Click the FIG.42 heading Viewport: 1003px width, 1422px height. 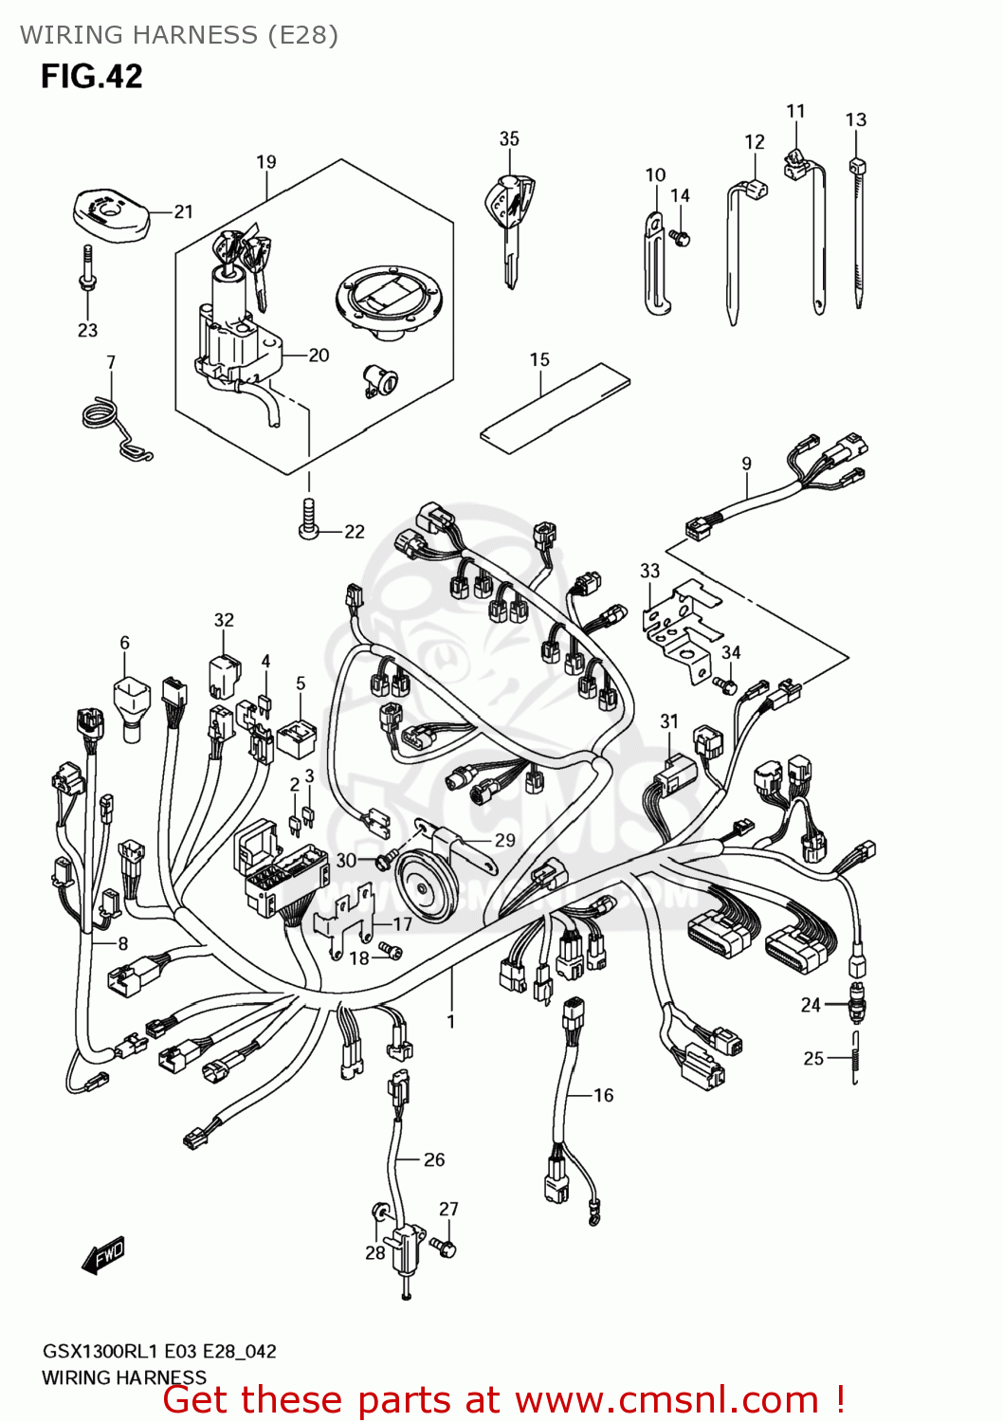coord(91,76)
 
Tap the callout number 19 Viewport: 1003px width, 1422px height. coord(266,162)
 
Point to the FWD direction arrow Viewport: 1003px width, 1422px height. coord(103,1255)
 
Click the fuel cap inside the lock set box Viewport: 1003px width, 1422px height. coord(390,299)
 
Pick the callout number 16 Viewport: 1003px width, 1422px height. coord(604,1095)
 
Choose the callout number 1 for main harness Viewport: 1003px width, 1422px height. coord(451,1021)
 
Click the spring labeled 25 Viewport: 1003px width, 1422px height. coord(855,1058)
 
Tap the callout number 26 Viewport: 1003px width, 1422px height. coord(434,1159)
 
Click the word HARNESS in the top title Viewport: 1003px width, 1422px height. coord(200,35)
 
